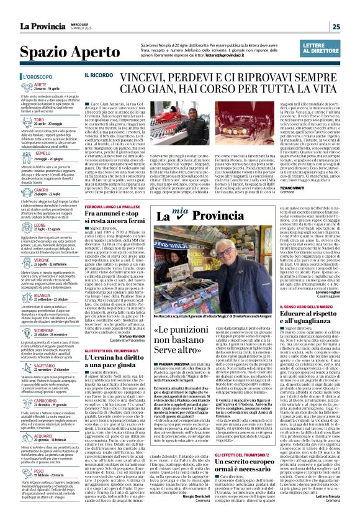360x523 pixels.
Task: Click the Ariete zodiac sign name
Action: tap(40, 84)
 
